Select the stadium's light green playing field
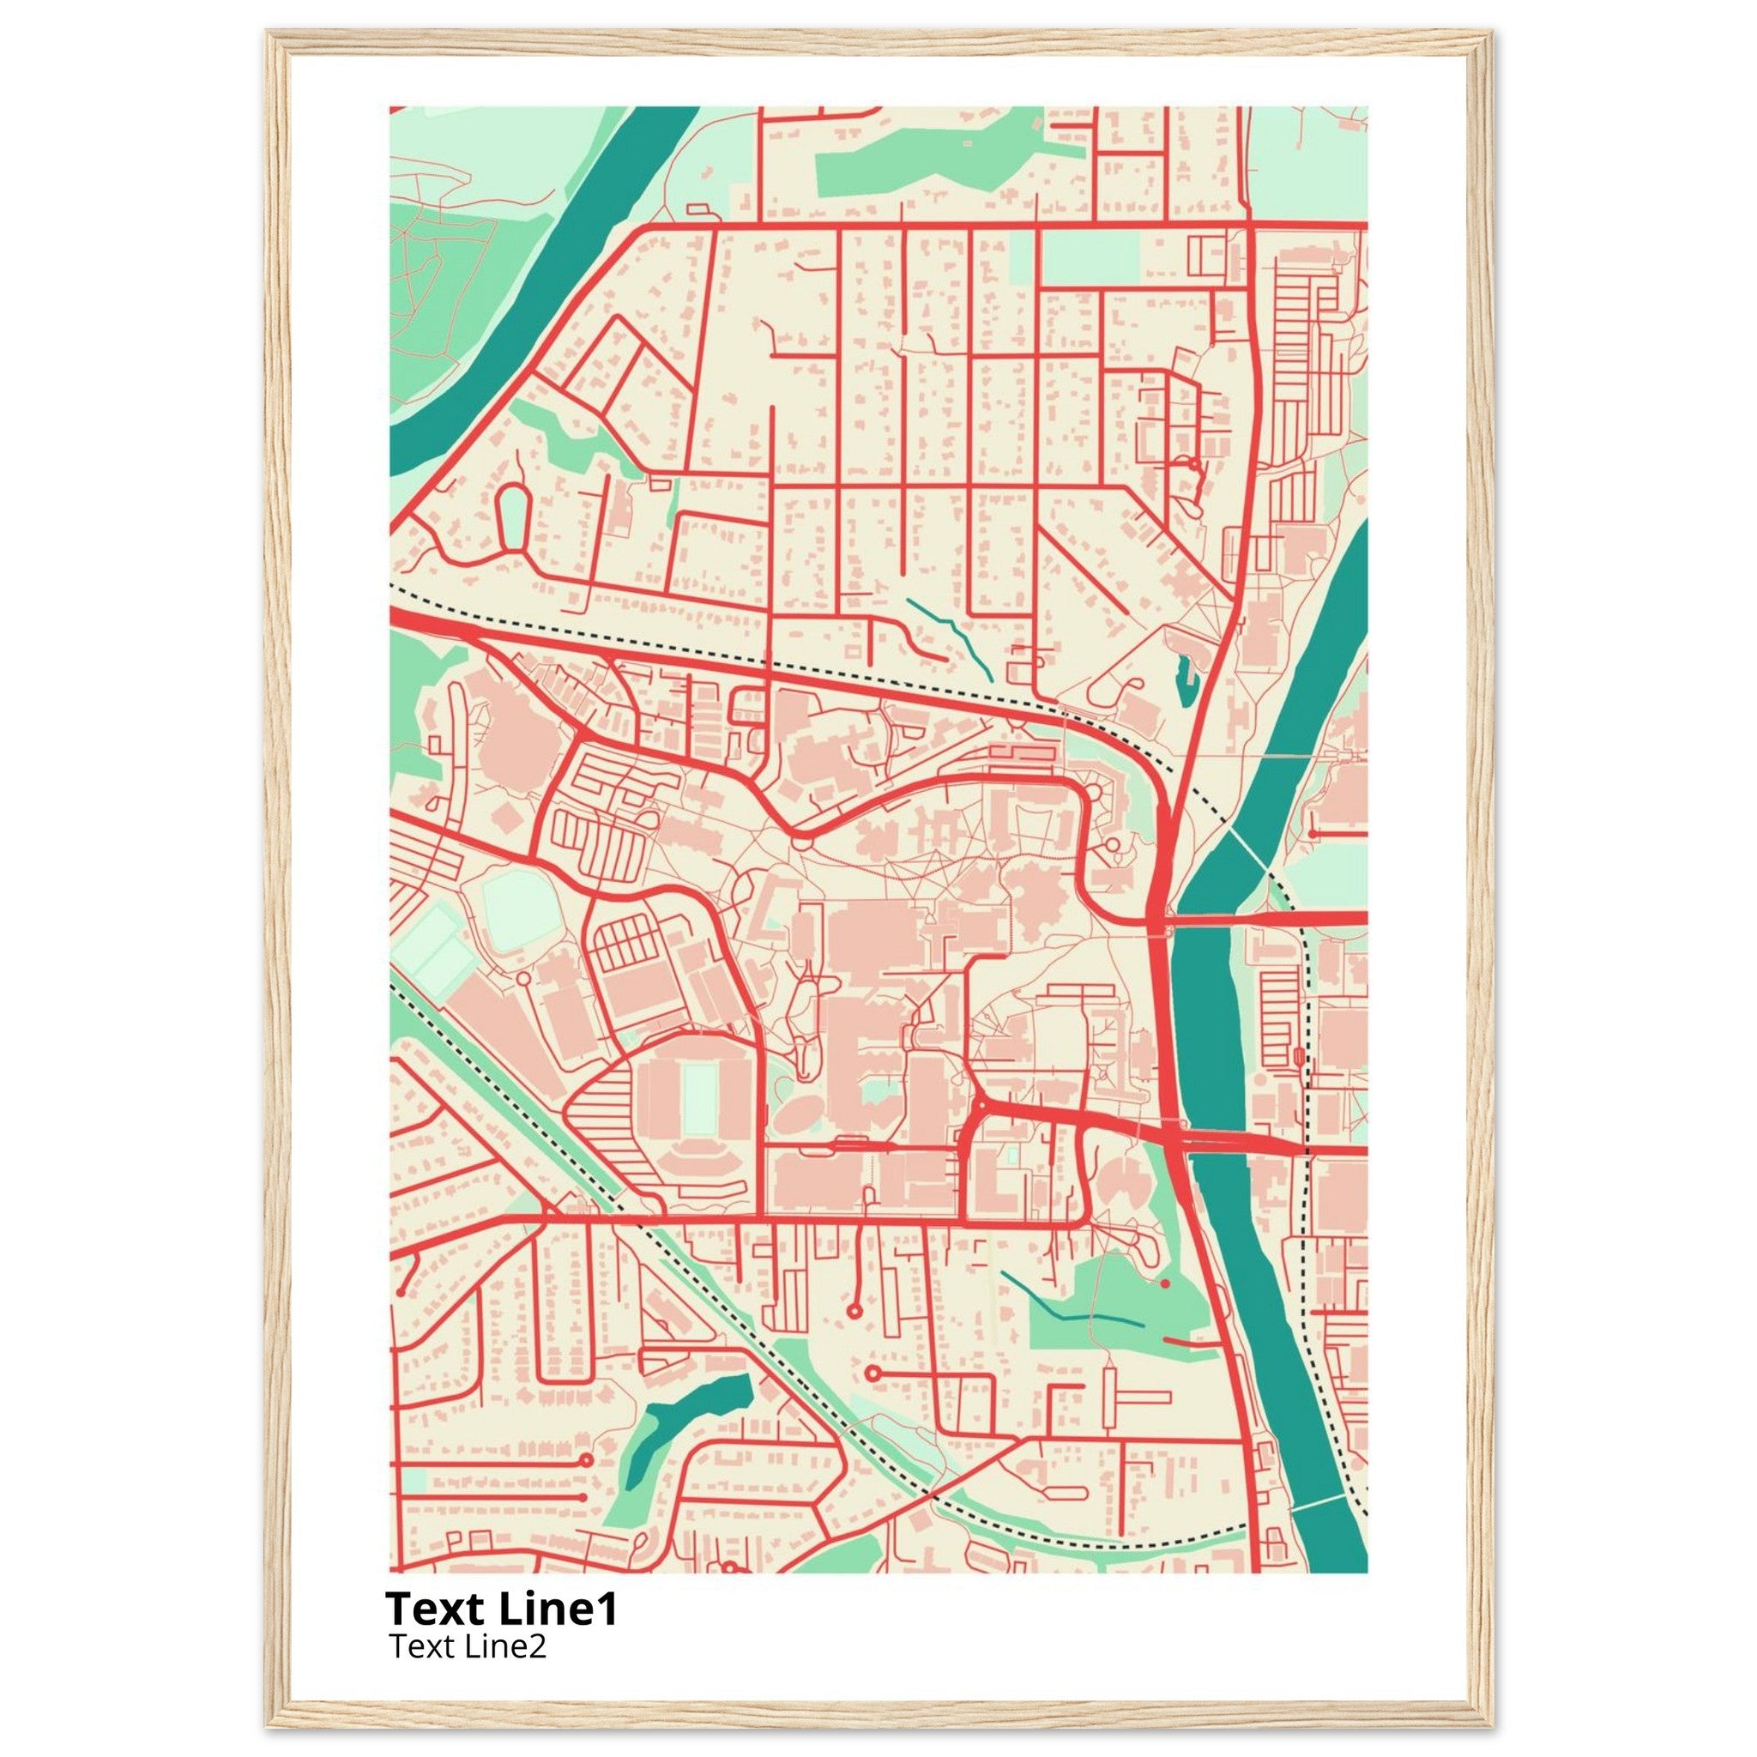click(698, 1100)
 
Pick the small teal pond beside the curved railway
click(1184, 680)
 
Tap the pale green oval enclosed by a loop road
click(513, 516)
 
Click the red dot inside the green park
click(1164, 1283)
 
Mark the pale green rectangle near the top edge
click(1089, 258)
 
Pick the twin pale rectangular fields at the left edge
click(435, 951)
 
